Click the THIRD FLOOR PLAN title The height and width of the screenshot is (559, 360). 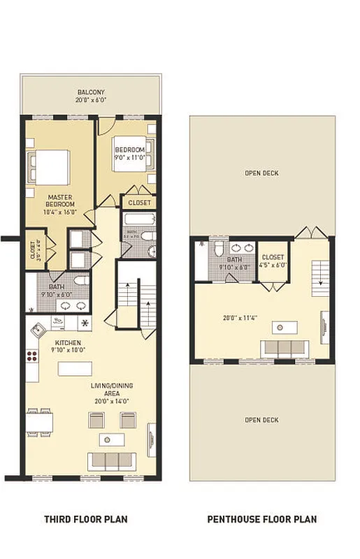pyautogui.click(x=85, y=519)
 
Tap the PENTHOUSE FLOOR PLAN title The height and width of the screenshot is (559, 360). pyautogui.click(x=262, y=519)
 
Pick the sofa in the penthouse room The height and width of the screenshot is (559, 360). pyautogui.click(x=284, y=348)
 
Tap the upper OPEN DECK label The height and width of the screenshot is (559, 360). pyautogui.click(x=261, y=173)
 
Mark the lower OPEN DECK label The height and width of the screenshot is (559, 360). pyautogui.click(x=261, y=420)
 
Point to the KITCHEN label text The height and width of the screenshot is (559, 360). pyautogui.click(x=69, y=342)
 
